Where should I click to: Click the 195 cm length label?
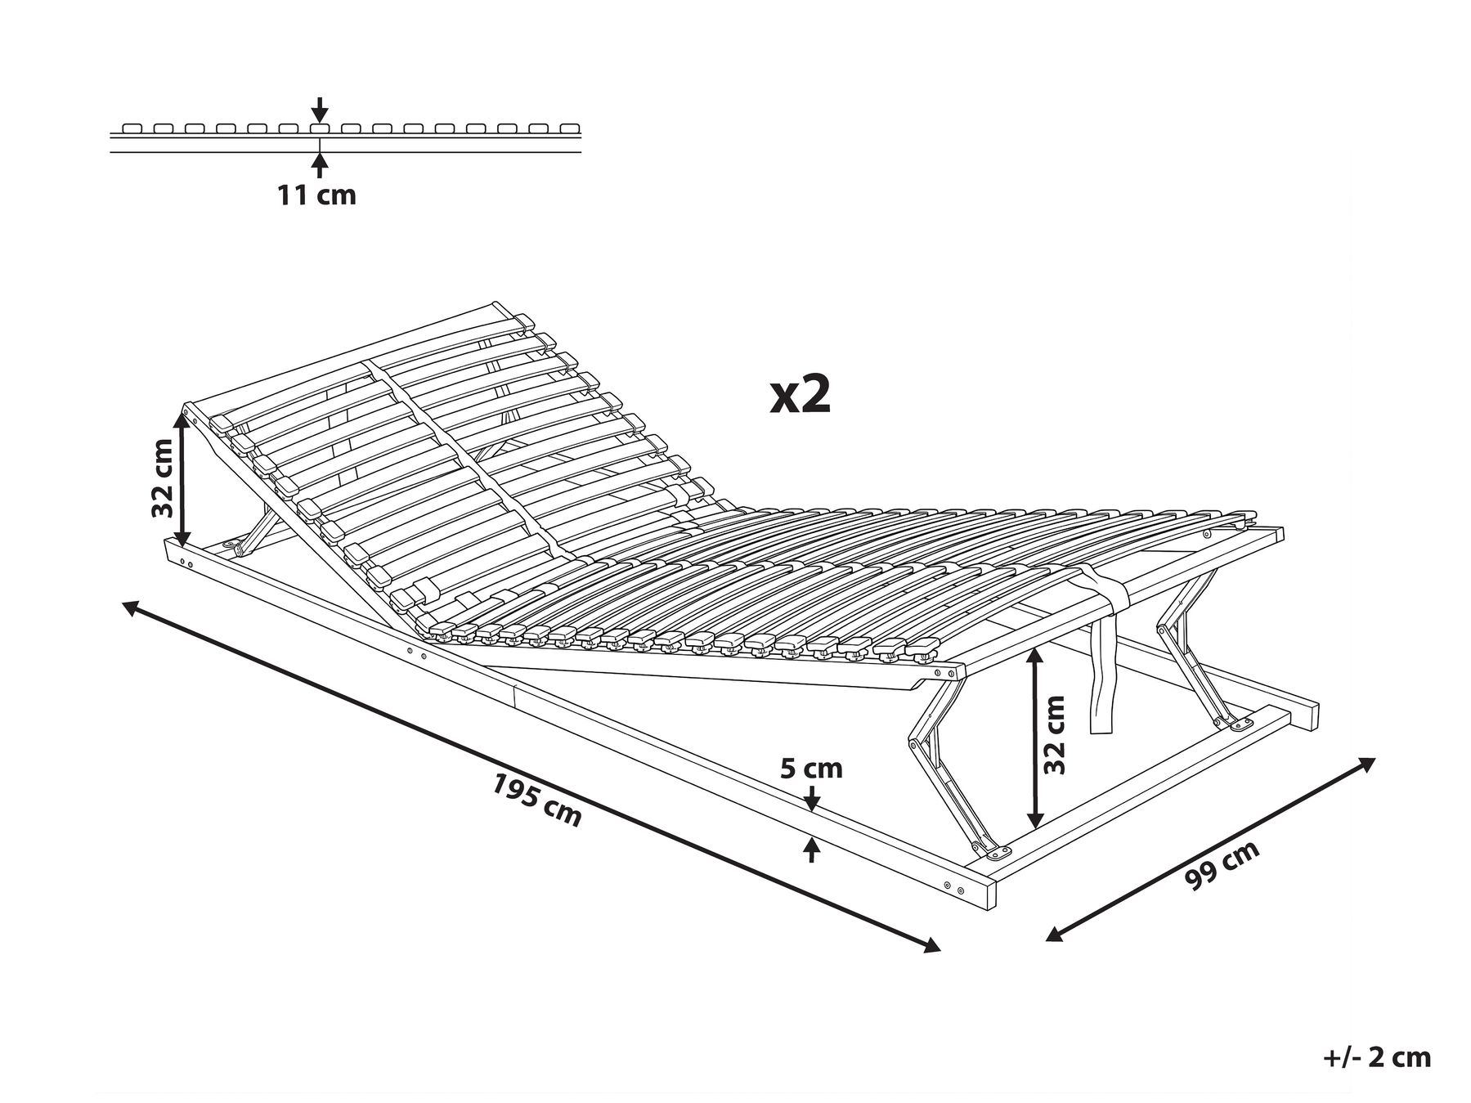click(536, 800)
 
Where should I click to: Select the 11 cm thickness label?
click(317, 195)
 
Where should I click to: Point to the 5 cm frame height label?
click(810, 769)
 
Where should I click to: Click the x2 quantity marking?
click(801, 395)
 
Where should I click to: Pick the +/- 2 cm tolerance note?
click(1377, 1057)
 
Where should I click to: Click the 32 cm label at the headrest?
click(163, 478)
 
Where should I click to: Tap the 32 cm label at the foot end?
click(1056, 734)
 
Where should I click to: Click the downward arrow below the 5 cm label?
click(811, 798)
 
